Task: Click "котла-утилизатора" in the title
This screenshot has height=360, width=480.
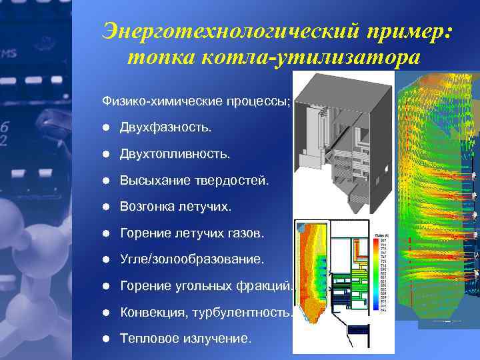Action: click(x=307, y=57)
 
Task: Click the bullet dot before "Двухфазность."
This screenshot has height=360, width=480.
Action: click(x=106, y=127)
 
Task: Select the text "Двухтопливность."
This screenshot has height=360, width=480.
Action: click(x=175, y=153)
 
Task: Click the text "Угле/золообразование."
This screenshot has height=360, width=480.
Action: click(x=192, y=259)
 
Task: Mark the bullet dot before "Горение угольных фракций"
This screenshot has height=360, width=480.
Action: click(x=106, y=286)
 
